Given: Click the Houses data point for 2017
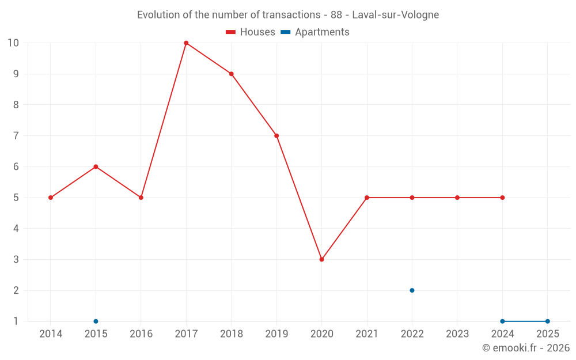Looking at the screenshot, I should pyautogui.click(x=186, y=43).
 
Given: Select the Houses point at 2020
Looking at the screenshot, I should pyautogui.click(x=321, y=259).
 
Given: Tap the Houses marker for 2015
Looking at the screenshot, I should pyautogui.click(x=96, y=166).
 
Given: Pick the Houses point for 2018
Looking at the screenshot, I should pyautogui.click(x=231, y=74).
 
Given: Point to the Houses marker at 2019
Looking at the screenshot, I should pyautogui.click(x=276, y=136).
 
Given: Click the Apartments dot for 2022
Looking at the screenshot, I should pyautogui.click(x=412, y=290).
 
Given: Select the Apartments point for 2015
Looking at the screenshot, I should pyautogui.click(x=96, y=321).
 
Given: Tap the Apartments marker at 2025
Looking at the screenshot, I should pyautogui.click(x=547, y=321).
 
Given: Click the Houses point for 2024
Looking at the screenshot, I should pyautogui.click(x=502, y=198).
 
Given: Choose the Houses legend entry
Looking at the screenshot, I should pyautogui.click(x=251, y=32).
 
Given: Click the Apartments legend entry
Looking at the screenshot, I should pyautogui.click(x=315, y=32).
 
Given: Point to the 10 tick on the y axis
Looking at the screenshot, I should pyautogui.click(x=13, y=43).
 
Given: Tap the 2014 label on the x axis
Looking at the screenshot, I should pyautogui.click(x=51, y=334).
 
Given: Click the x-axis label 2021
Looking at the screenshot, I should pyautogui.click(x=367, y=334).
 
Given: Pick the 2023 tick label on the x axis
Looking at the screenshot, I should pyautogui.click(x=457, y=334).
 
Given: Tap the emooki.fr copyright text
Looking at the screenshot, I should pyautogui.click(x=526, y=348).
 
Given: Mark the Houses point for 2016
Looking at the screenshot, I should pyautogui.click(x=141, y=198).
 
